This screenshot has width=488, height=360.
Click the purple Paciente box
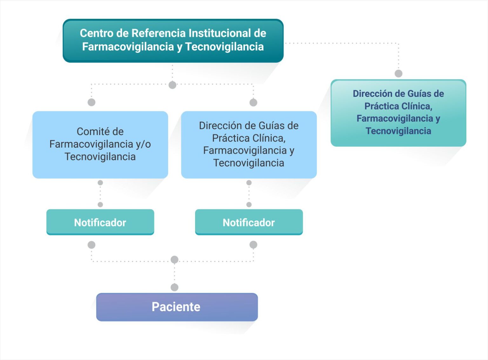click(177, 307)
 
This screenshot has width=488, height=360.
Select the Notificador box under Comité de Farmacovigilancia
click(100, 222)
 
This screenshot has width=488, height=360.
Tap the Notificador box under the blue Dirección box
click(249, 222)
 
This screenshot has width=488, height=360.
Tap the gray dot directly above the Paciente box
click(174, 287)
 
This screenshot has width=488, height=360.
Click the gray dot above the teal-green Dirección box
click(398, 73)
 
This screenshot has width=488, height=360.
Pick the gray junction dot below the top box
click(172, 85)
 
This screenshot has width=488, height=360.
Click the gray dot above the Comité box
click(91, 102)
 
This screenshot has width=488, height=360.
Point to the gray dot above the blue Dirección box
click(253, 103)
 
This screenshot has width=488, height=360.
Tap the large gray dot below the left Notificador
click(91, 245)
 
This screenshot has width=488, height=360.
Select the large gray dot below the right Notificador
click(253, 244)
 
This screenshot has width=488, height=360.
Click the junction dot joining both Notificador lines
click(174, 259)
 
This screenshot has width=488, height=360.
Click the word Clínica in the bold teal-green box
click(417, 106)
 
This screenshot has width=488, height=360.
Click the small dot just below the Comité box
click(100, 183)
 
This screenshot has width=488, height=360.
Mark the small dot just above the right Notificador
click(249, 204)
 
